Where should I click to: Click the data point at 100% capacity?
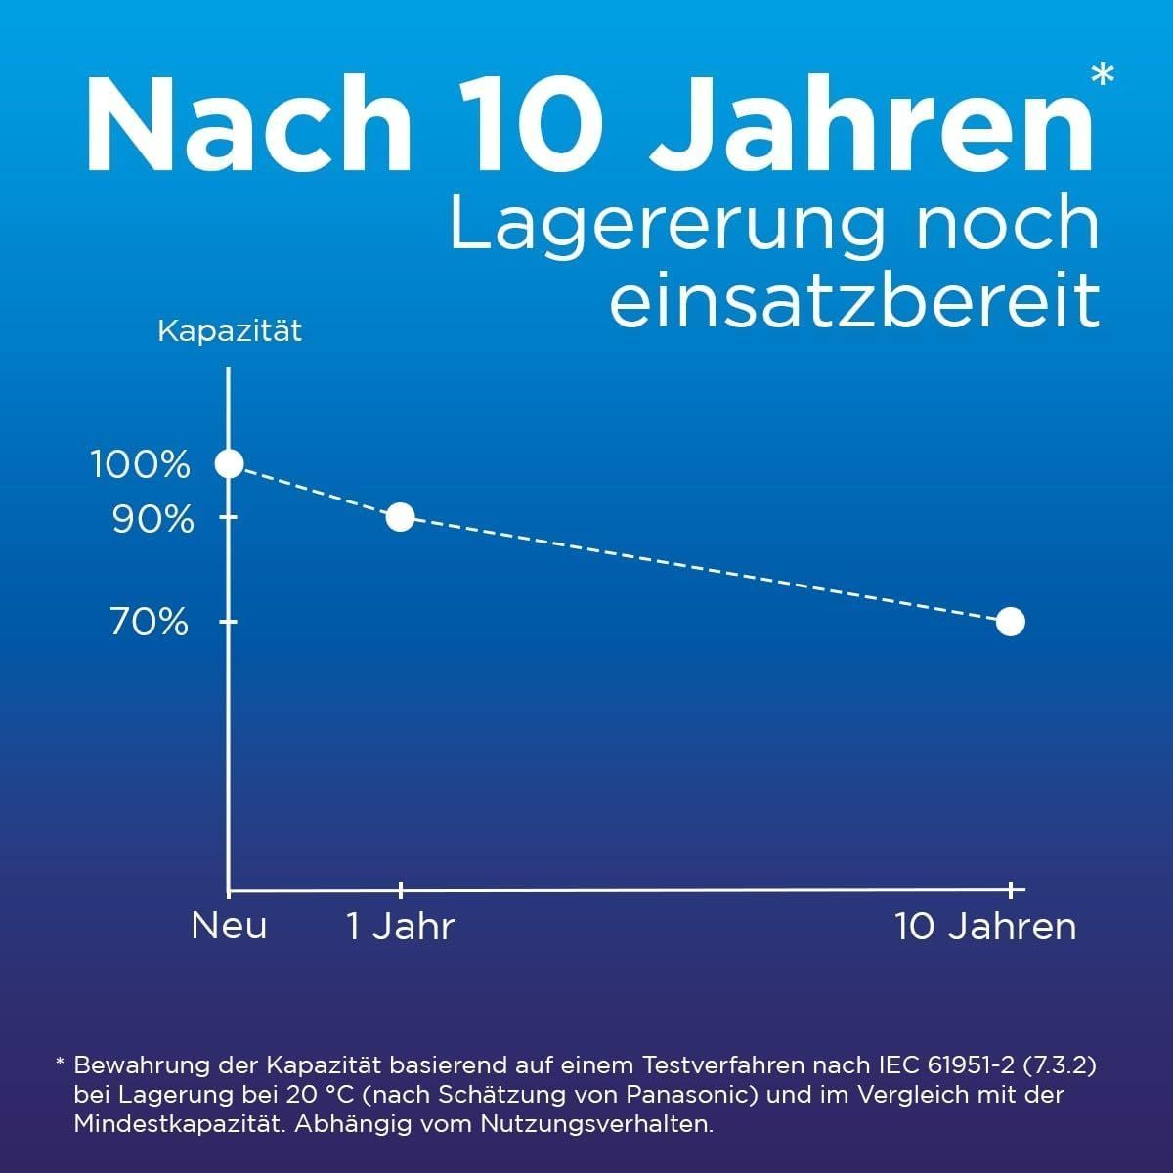pos(229,463)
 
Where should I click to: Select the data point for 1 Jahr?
pos(400,517)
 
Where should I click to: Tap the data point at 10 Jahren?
pos(1010,621)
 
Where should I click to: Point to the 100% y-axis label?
pos(141,464)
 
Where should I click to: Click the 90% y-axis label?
pos(152,520)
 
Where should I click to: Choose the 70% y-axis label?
pos(150,622)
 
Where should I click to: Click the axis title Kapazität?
pos(230,331)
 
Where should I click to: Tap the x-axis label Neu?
pos(229,925)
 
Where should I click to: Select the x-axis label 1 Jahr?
pos(401,926)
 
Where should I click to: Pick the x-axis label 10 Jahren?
pos(985,926)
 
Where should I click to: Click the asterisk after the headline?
pos(1102,76)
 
